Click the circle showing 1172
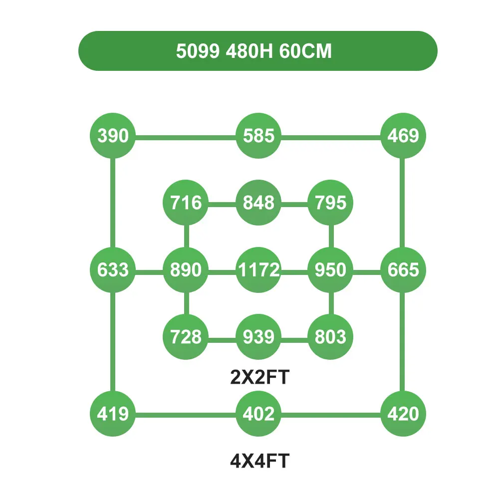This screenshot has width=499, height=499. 258,270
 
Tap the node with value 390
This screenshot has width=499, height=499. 113,136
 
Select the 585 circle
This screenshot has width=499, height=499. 258,136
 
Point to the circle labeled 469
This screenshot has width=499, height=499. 403,136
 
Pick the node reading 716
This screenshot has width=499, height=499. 186,203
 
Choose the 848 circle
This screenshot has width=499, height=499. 258,203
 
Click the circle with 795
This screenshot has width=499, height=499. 330,203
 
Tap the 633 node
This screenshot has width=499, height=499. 113,270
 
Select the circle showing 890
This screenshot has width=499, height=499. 186,270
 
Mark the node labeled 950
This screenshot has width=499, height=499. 330,270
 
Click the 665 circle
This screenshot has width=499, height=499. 403,270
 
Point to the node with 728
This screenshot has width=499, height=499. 186,337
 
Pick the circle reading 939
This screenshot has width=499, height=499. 258,337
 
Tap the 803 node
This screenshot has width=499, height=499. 330,337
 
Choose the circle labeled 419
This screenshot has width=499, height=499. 113,414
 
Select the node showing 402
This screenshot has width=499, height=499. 258,414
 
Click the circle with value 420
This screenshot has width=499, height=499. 403,414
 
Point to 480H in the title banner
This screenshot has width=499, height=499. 249,51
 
